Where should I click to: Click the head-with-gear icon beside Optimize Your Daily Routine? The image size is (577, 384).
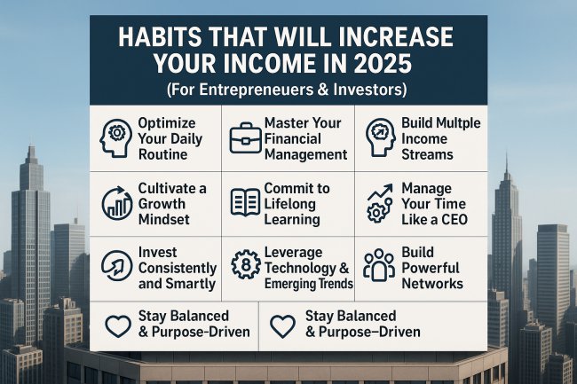(118, 137)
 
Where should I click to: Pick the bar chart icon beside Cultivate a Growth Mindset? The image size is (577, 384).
(116, 202)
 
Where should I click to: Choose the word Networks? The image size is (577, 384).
(431, 284)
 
